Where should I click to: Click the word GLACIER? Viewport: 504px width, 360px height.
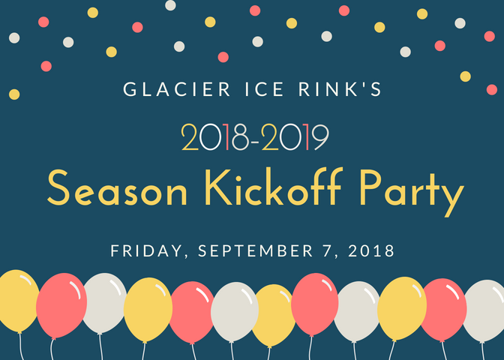[x=177, y=89]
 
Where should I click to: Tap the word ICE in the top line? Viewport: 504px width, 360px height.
[x=264, y=89]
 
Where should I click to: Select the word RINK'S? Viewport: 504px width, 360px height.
[x=340, y=89]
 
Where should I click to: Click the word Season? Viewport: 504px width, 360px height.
[x=117, y=188]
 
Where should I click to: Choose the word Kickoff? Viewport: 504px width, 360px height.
[x=272, y=187]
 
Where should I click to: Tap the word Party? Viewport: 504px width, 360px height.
[x=412, y=193]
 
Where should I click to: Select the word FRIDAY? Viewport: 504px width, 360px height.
[x=147, y=251]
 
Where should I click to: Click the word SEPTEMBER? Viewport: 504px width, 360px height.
[x=256, y=250]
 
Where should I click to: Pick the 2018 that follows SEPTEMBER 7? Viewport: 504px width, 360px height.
[x=371, y=250]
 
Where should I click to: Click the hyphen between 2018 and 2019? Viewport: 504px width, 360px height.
[x=256, y=141]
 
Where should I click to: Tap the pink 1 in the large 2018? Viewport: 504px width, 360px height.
[x=227, y=137]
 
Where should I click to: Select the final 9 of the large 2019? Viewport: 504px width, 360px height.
[x=320, y=137]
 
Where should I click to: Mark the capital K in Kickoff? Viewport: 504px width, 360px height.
[x=218, y=187]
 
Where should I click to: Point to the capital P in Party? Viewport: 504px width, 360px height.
[x=370, y=187]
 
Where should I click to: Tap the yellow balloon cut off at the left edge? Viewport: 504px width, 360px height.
[x=18, y=301]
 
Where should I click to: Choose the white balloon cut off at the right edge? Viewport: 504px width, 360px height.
[x=484, y=310]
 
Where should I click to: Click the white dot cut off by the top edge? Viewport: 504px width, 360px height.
[x=170, y=4]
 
